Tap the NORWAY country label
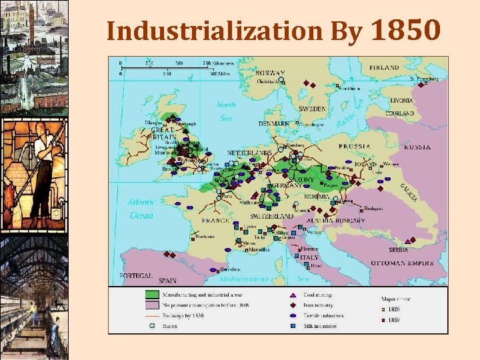click(x=271, y=73)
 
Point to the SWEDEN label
click(x=312, y=108)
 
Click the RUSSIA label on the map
click(x=417, y=147)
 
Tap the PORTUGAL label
click(x=137, y=275)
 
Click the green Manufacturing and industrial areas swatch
click(x=153, y=294)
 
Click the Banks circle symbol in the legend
click(x=153, y=326)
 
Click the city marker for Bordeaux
click(x=193, y=237)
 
